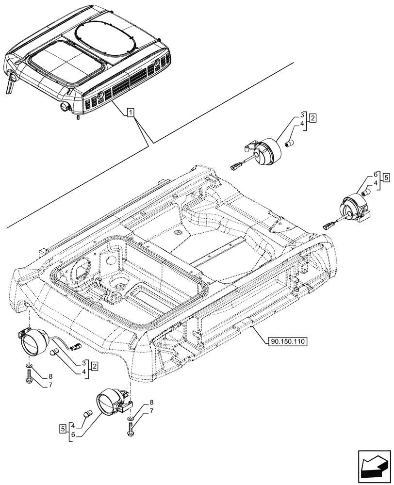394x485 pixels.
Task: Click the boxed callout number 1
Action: pyautogui.click(x=131, y=113)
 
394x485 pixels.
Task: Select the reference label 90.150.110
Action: pyautogui.click(x=286, y=341)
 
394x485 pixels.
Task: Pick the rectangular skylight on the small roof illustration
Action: pyautogui.click(x=66, y=61)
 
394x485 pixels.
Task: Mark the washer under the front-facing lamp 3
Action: pyautogui.click(x=30, y=364)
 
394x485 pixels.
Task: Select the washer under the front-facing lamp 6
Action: pyautogui.click(x=131, y=417)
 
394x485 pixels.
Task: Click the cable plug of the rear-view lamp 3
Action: pyautogui.click(x=235, y=166)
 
